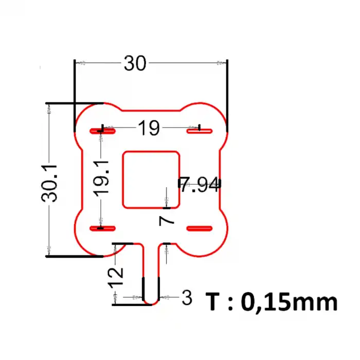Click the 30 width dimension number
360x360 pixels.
coord(135,63)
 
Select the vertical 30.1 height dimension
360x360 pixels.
coord(49,183)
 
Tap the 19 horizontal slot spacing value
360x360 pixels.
coord(149,128)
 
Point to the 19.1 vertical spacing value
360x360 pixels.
coord(101,179)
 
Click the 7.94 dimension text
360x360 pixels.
coord(200,184)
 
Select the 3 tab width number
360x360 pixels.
coord(187,298)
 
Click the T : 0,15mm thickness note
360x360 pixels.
coord(272,302)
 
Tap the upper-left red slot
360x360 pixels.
coord(102,131)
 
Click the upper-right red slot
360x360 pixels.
coord(200,131)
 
